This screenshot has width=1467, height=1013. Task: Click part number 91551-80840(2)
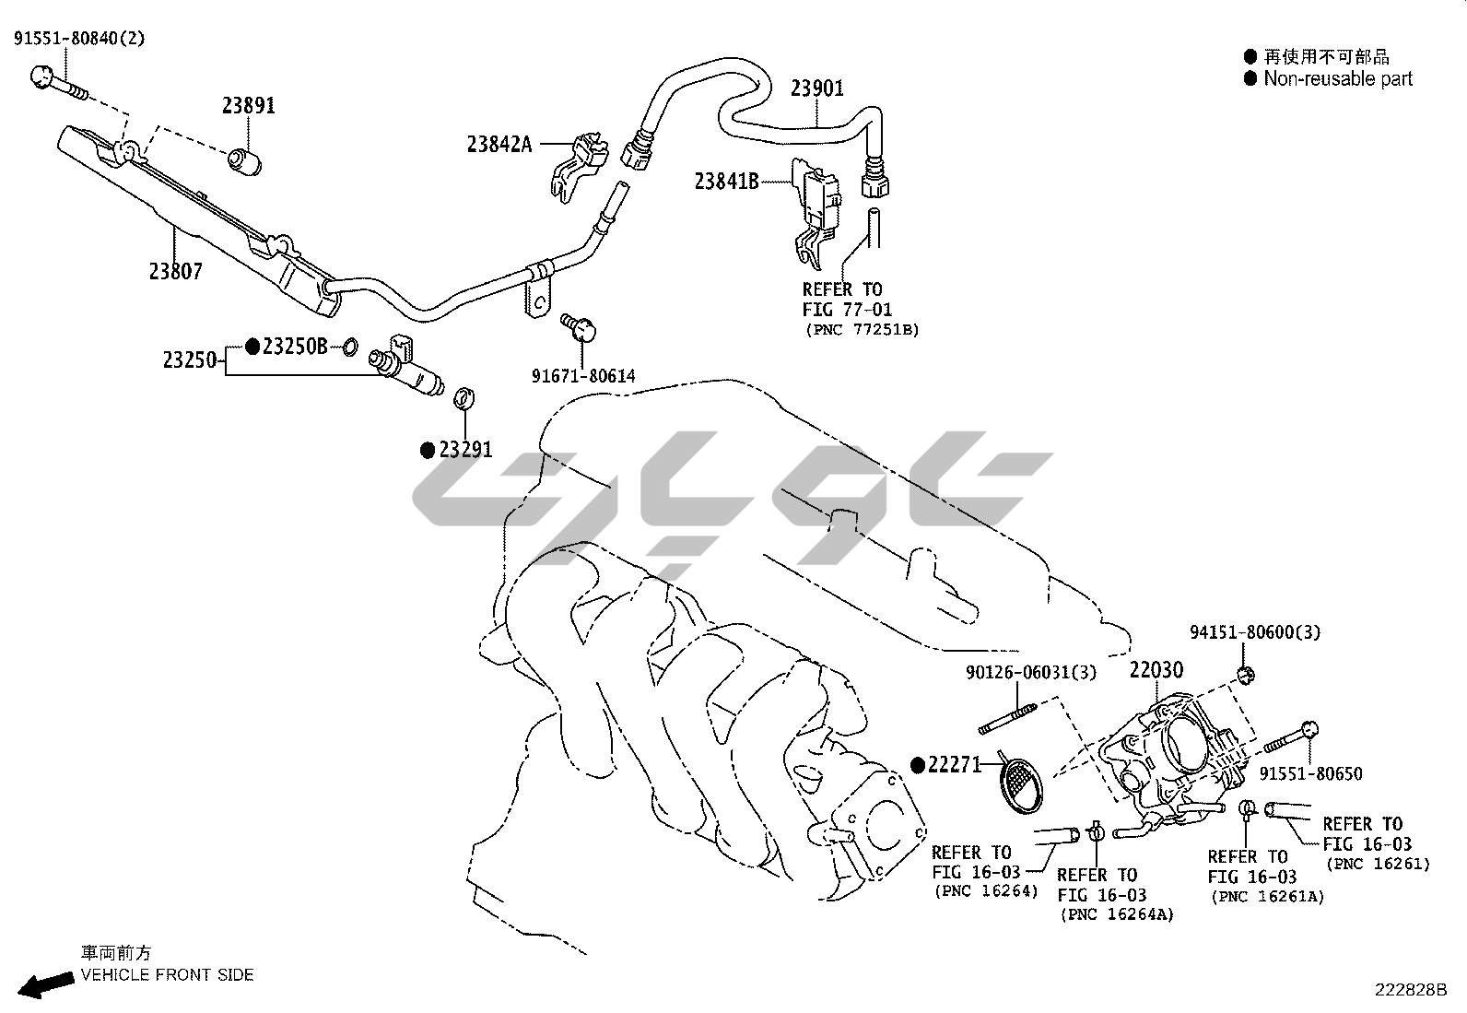pos(79,38)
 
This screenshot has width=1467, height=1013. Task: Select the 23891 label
pos(248,105)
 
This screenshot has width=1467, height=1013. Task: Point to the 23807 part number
pos(175,271)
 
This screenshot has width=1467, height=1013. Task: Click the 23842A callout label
pos(499,144)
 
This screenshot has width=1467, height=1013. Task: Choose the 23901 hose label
pos(816,88)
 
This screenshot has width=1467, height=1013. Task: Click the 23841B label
pos(727,182)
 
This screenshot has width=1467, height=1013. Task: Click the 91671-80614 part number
pos(582,376)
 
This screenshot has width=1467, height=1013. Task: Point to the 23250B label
pos(295,347)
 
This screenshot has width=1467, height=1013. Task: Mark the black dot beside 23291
pos(427,450)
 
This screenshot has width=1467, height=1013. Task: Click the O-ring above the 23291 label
pos(465,399)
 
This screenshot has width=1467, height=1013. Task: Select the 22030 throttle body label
pos(1156,669)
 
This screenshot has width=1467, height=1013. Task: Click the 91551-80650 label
pos(1310,774)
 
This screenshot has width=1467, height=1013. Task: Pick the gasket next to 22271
pos(1021,785)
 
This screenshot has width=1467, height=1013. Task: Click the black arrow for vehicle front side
pos(46,984)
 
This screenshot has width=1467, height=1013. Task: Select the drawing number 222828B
pos(1411,990)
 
